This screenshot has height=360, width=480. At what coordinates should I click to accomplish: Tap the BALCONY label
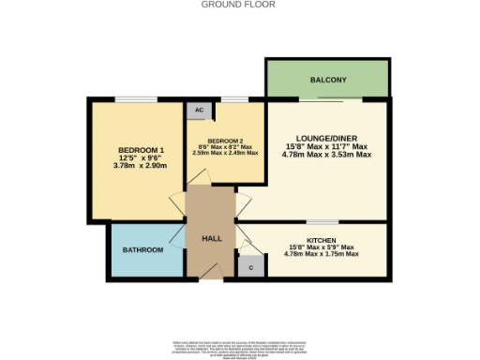[327, 80]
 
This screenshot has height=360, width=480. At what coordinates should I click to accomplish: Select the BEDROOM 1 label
[142, 152]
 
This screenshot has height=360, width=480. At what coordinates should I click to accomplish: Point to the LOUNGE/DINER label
[326, 137]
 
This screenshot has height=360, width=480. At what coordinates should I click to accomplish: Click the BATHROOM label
[143, 250]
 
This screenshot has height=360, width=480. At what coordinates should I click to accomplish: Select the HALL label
[212, 239]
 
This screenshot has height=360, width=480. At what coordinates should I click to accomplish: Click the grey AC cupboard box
[199, 110]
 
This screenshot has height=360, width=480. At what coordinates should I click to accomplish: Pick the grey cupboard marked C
[248, 267]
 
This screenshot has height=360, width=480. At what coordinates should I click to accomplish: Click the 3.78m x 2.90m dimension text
[142, 166]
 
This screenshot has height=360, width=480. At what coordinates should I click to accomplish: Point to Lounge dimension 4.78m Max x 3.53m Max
[326, 156]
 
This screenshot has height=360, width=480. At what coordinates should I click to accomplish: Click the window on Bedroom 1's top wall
[142, 98]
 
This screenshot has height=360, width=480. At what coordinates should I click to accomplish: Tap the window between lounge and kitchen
[322, 222]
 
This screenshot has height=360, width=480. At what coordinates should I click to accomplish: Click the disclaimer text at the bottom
[239, 346]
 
